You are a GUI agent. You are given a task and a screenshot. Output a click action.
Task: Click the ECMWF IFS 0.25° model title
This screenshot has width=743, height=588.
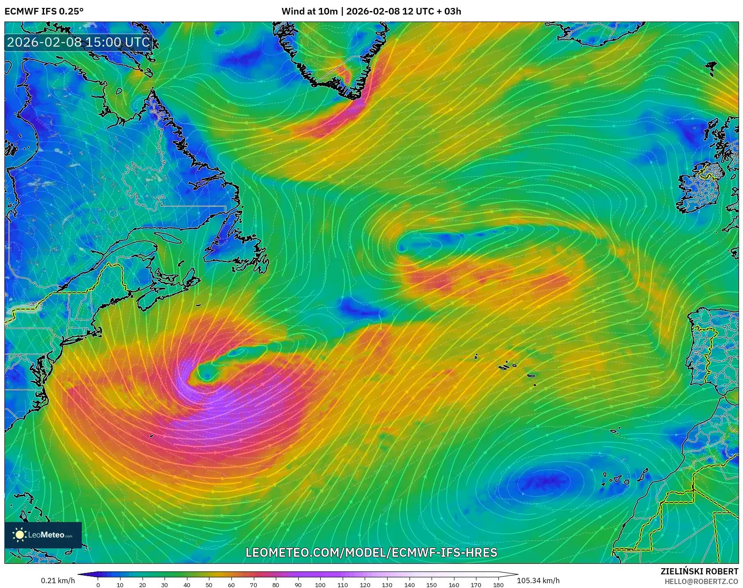coord(44,11)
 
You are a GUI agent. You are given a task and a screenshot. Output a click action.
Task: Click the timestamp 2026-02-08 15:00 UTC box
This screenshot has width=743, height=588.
coord(78,42)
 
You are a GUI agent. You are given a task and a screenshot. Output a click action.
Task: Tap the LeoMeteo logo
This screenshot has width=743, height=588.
coord(43,535)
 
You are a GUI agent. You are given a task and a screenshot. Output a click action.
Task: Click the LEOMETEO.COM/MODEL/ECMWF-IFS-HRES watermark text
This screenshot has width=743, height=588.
coord(371,552)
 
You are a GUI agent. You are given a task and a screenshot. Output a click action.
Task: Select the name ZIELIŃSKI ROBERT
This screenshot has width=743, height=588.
coord(699,571)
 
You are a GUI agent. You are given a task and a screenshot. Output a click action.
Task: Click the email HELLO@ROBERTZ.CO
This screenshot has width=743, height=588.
coord(701,581)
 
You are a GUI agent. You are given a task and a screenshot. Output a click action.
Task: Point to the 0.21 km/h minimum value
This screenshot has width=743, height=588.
coord(58,581)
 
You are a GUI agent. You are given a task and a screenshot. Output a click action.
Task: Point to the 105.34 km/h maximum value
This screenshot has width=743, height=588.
coord(538,581)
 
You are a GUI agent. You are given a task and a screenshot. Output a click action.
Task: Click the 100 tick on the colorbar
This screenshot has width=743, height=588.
coord(320,584)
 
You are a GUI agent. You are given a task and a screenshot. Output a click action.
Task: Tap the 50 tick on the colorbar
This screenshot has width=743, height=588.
coord(209,584)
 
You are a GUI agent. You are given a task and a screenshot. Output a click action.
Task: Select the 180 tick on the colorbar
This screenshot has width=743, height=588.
coord(498,584)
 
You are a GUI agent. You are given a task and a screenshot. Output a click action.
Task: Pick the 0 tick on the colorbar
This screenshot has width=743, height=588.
coord(98,584)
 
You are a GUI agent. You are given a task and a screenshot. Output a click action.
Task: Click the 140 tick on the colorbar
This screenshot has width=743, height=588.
coord(409,584)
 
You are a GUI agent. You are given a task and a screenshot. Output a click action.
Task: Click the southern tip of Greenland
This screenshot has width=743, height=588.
coord(352,95)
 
